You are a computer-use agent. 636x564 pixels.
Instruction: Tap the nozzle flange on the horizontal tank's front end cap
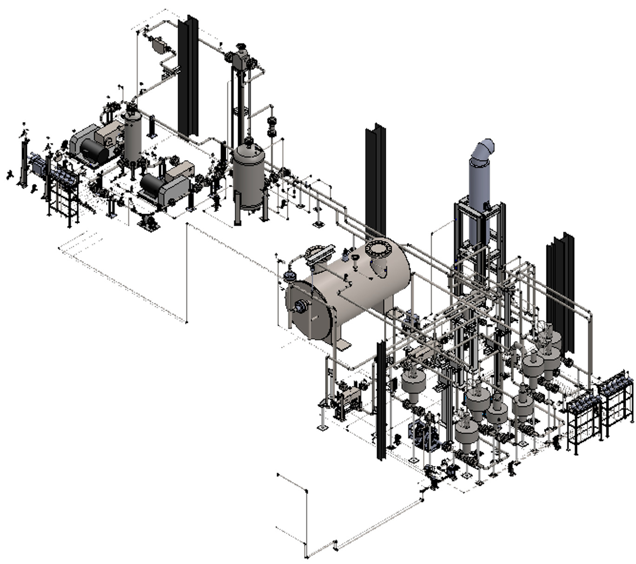point(302,307)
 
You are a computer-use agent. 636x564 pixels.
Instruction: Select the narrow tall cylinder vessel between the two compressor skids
point(132,135)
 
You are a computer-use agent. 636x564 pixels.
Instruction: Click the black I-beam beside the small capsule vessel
point(188,74)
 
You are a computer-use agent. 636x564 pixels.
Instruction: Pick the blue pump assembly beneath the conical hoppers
point(424,435)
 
